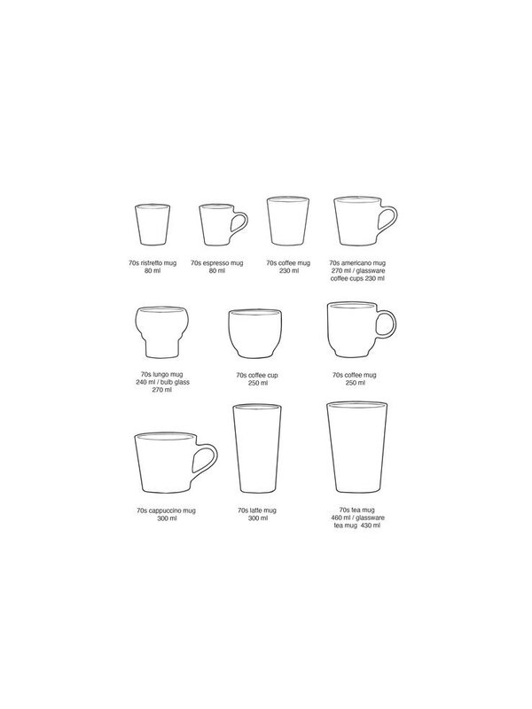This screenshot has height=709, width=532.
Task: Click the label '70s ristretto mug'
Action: pos(153,262)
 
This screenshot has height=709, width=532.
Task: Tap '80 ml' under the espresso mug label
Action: pos(216,271)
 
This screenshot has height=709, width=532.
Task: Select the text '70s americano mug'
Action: pos(357,262)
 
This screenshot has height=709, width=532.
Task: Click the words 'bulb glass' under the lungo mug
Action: pos(175,382)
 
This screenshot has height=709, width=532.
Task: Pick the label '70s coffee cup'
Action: pos(257,375)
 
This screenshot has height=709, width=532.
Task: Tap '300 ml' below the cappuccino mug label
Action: pos(167,518)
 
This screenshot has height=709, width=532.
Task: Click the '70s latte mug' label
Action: pos(257,510)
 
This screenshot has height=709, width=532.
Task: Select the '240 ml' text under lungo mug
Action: pos(144,382)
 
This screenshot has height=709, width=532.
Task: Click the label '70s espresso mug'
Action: pos(216,262)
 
